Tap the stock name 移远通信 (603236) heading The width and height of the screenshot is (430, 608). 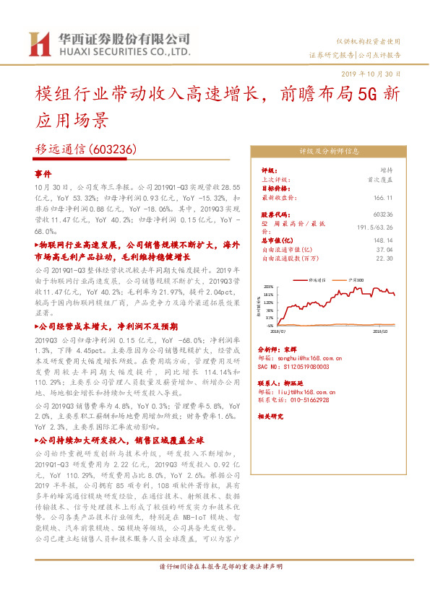[85, 149]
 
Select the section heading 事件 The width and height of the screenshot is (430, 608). [43, 175]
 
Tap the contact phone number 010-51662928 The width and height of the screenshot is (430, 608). [304, 399]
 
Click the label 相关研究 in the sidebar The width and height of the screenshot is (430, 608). [272, 417]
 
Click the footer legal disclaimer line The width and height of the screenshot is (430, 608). [215, 586]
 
